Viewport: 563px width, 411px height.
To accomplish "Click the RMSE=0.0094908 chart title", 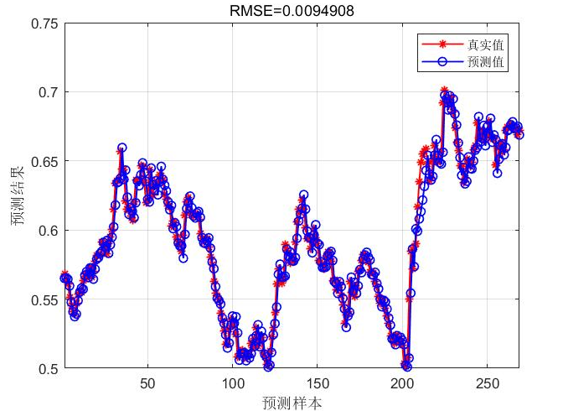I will (x=281, y=10).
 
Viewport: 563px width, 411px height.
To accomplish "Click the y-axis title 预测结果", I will (x=18, y=196).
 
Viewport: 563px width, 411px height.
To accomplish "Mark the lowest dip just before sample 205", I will (x=407, y=367).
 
